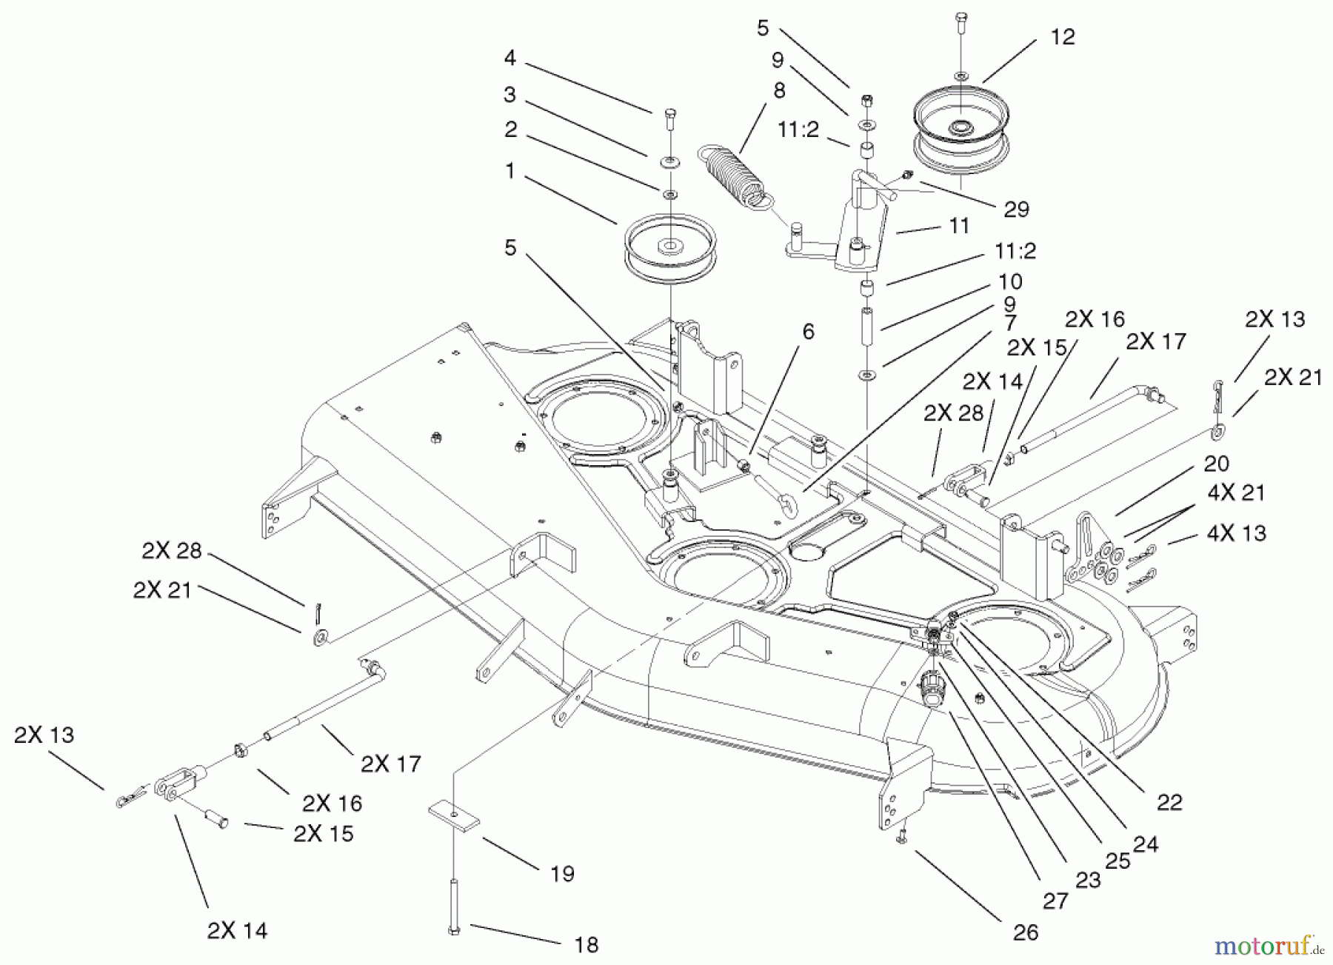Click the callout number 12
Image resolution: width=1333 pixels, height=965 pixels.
point(1063,36)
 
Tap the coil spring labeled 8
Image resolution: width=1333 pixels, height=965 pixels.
point(732,176)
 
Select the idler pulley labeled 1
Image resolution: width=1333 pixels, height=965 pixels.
point(670,250)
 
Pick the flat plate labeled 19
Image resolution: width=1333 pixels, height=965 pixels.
point(453,815)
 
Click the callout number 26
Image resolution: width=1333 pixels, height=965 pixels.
point(1026,932)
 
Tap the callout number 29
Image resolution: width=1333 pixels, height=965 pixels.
point(1017,210)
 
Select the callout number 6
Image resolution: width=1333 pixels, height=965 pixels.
point(808,332)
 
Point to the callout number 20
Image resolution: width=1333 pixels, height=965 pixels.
point(1217,464)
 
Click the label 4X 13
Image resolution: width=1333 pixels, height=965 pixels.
point(1237,533)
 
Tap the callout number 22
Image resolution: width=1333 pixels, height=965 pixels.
point(1169,802)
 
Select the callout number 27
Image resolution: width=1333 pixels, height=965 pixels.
point(1055,901)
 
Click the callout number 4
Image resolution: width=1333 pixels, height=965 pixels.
point(510,57)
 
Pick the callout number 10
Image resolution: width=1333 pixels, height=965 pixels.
point(1010,281)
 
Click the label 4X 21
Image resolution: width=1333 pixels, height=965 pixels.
point(1237,492)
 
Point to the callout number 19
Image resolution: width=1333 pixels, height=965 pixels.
point(563,874)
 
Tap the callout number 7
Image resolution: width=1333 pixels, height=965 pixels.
point(1011,323)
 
